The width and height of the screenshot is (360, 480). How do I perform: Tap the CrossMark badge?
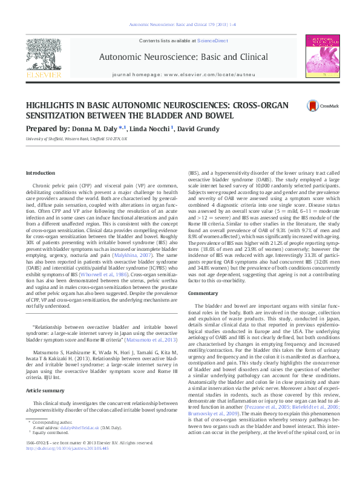pos(320,107)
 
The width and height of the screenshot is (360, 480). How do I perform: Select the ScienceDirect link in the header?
pos(212,40)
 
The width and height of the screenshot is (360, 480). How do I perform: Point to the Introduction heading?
pos(40,173)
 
